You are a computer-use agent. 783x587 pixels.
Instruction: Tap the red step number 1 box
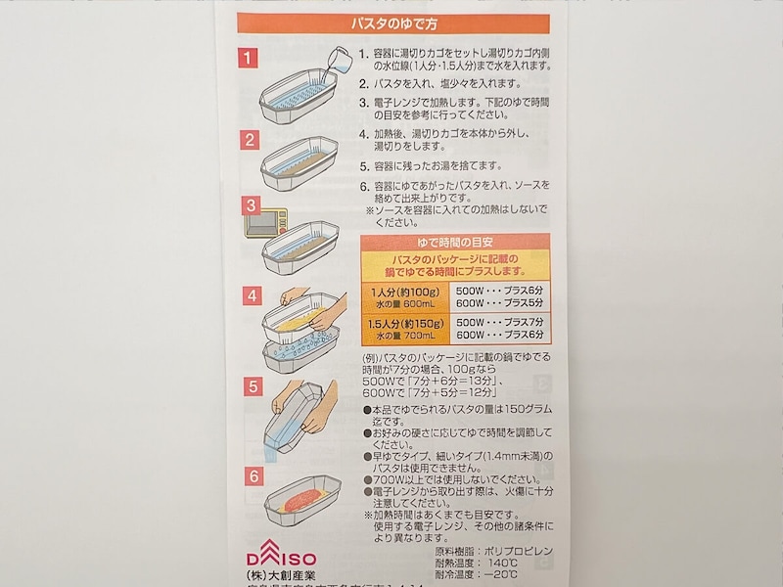252,59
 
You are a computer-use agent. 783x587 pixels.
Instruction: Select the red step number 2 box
252,139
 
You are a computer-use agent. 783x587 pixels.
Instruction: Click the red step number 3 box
252,206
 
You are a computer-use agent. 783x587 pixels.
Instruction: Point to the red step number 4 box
252,294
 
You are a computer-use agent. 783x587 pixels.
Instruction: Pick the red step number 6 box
252,476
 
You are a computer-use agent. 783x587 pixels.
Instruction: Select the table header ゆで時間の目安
456,240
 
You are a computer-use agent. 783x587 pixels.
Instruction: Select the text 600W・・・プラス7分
499,336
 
